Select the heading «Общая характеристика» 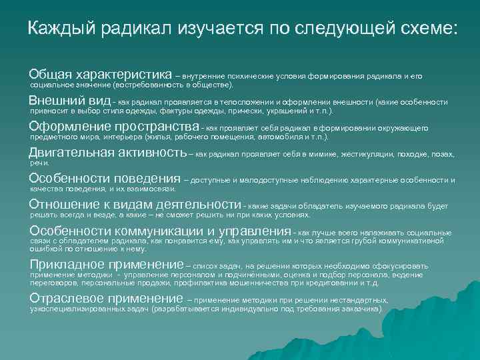tap(100, 73)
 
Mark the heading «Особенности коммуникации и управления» tap(161, 231)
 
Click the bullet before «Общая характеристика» tap(25, 73)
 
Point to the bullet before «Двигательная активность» tap(25, 153)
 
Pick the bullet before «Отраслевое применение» tap(25, 299)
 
